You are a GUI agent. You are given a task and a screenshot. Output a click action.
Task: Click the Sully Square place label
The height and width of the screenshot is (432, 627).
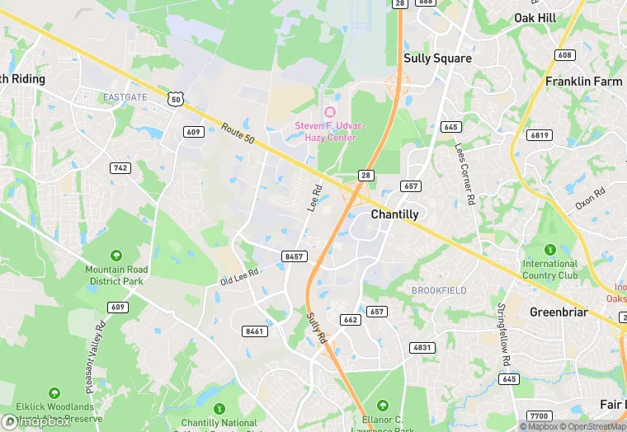coord(437,59)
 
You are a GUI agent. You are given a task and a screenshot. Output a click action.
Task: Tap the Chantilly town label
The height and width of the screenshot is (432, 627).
coord(394,214)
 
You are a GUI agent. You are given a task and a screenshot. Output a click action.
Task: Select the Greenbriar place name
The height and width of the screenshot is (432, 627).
coord(558,312)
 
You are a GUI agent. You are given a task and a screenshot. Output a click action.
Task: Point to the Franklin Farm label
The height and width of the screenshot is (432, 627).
coord(583,82)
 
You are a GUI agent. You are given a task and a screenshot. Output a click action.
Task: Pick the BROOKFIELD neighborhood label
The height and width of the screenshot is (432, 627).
coord(439,291)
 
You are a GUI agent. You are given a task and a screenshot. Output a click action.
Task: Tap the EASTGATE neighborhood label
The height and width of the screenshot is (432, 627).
coord(125,97)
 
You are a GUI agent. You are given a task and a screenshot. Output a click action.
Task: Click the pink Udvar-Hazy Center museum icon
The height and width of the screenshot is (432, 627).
coord(330,111)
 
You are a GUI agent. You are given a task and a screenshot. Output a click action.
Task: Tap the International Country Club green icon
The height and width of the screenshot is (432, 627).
coord(550,250)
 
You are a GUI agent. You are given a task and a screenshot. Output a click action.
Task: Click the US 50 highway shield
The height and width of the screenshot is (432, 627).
coord(175,99)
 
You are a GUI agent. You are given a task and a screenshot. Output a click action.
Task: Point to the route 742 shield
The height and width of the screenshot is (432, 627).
coord(120,168)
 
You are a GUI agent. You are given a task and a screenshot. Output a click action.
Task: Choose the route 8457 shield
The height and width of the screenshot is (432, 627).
coord(294,256)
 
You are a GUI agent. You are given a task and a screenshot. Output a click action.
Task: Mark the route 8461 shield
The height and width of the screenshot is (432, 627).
coord(255,331)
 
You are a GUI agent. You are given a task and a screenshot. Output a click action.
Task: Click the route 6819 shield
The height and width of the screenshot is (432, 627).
coord(540,135)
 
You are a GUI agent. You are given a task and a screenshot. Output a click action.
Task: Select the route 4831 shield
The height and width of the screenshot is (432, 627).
coord(422,347)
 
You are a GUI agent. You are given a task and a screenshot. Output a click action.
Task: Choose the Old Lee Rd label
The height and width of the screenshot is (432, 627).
coord(240,276)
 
